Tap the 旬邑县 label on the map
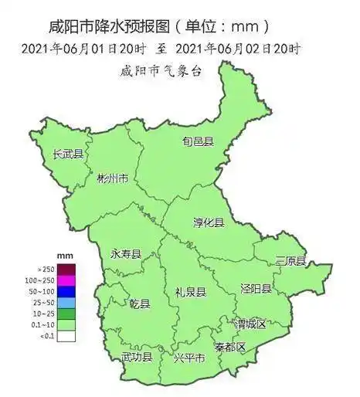(198, 142)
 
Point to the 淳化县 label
(208, 222)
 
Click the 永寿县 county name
(126, 254)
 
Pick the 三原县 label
(290, 260)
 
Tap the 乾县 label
(140, 303)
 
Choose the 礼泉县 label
(190, 292)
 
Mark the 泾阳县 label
(256, 289)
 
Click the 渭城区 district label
(250, 324)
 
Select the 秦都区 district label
(230, 346)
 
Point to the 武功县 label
(137, 357)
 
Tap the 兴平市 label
(189, 358)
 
